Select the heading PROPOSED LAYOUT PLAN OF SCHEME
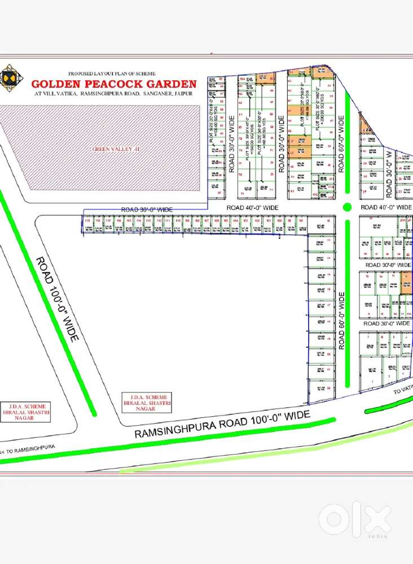point(116,74)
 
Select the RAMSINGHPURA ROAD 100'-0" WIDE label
point(222,425)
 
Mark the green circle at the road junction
point(348,207)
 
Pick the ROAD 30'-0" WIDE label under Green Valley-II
point(147,209)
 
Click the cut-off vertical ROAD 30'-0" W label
point(389,173)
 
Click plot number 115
point(87,220)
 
